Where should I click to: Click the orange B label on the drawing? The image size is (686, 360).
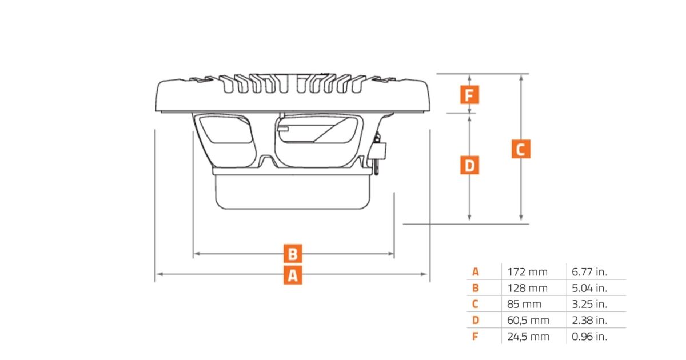292,254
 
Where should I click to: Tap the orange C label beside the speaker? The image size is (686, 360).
520,149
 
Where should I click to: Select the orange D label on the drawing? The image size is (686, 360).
469,165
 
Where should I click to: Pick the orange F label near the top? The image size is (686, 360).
469,94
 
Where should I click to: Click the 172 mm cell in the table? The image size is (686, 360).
527,272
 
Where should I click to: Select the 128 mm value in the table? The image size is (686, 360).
527,288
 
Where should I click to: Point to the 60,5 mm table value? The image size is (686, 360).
528,320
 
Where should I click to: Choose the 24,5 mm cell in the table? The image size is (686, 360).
528,336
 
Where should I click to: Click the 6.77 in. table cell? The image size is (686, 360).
590,272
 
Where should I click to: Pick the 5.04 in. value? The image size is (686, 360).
590,288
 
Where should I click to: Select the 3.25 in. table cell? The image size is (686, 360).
590,304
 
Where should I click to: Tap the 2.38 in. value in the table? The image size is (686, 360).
590,320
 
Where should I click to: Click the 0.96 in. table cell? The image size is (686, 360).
590,336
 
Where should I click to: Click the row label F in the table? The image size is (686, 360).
475,336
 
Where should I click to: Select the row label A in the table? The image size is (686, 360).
475,272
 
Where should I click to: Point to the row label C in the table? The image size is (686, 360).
475,304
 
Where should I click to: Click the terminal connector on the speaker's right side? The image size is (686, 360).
378,151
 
